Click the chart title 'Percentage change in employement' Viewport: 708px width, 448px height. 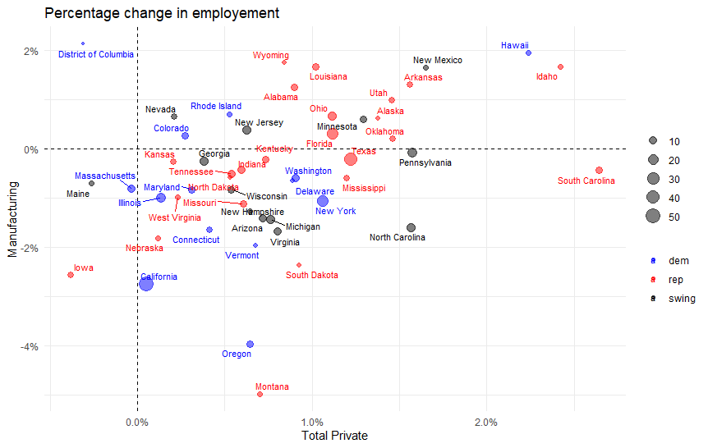tap(162, 13)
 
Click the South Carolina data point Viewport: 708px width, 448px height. tap(599, 170)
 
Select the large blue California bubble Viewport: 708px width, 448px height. tap(146, 283)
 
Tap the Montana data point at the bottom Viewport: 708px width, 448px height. tap(260, 394)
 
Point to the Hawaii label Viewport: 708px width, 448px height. tap(515, 45)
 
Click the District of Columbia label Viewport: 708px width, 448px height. tap(96, 55)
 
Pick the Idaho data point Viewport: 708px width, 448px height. tap(560, 66)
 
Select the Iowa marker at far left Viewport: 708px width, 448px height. tap(71, 275)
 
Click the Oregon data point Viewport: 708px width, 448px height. tap(250, 344)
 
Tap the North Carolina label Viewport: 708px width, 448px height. tap(398, 238)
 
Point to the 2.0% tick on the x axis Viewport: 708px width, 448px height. tap(485, 423)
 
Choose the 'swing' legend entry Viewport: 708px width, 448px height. tap(681, 299)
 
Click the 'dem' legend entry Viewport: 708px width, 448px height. tap(678, 260)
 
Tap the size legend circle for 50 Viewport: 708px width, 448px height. tap(653, 217)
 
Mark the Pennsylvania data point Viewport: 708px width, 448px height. tap(412, 153)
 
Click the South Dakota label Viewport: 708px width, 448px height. tap(311, 276)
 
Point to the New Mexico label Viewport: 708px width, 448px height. tap(437, 60)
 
